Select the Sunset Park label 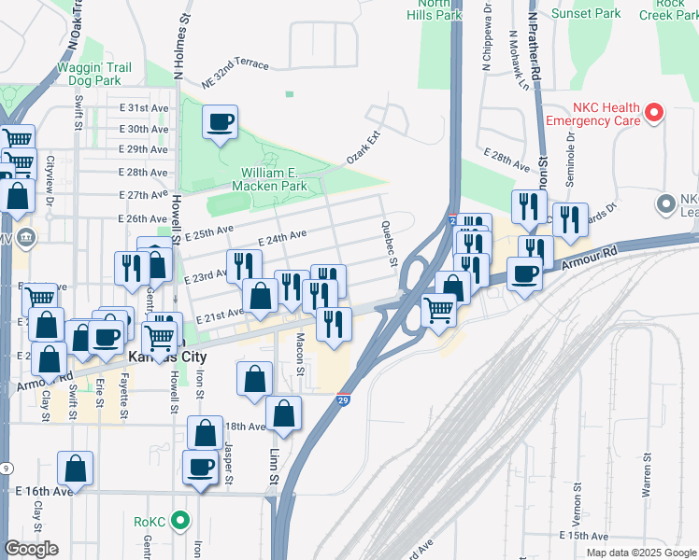click(x=586, y=14)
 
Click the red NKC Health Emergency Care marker click(x=654, y=113)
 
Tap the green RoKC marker click(x=182, y=521)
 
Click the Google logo click(x=31, y=549)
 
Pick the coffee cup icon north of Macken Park click(x=220, y=122)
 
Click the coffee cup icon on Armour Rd click(x=524, y=273)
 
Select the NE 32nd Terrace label click(x=235, y=75)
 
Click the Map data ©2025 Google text click(x=640, y=553)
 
